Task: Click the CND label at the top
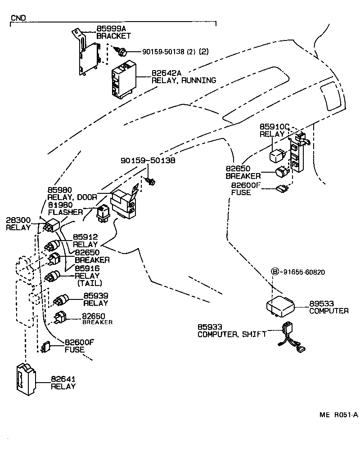(x=18, y=18)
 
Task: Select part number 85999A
(x=111, y=28)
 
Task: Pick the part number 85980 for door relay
(x=60, y=190)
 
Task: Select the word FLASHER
(x=65, y=212)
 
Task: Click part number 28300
(x=18, y=220)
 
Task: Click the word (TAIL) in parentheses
(x=90, y=283)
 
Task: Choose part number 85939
(x=95, y=296)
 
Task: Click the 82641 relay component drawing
(x=27, y=380)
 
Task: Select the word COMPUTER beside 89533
(x=328, y=311)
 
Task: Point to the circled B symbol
(x=274, y=272)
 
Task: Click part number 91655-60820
(x=304, y=272)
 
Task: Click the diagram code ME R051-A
(x=338, y=415)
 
